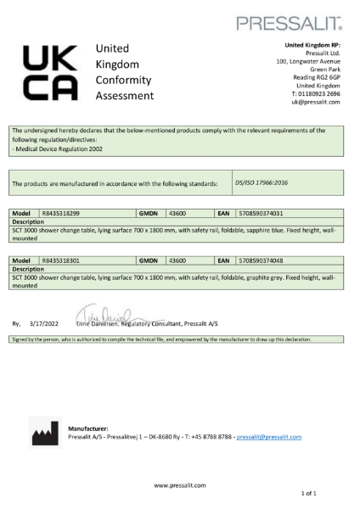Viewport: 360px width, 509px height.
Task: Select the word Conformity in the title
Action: pos(125,80)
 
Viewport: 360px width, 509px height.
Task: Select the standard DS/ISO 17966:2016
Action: pos(263,182)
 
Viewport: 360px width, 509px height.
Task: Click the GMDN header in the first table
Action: pos(149,213)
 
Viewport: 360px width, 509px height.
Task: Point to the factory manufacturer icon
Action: pos(42,434)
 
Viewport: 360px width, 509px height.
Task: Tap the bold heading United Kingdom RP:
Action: pos(312,44)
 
